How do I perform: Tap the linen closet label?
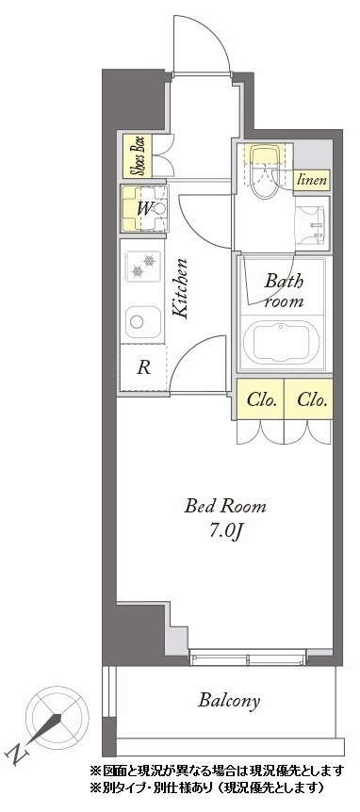pyautogui.click(x=312, y=180)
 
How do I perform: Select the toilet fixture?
pyautogui.click(x=264, y=170)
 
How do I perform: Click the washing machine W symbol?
pyautogui.click(x=145, y=209)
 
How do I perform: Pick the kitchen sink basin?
pyautogui.click(x=143, y=321)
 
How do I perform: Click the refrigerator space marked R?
pyautogui.click(x=143, y=367)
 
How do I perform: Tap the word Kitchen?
pyautogui.click(x=181, y=288)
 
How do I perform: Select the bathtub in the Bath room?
pyautogui.click(x=281, y=343)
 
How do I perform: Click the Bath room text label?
pyautogui.click(x=284, y=291)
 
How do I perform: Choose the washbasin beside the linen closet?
pyautogui.click(x=311, y=223)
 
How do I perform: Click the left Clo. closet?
pyautogui.click(x=260, y=399)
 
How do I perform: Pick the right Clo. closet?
pyautogui.click(x=308, y=399)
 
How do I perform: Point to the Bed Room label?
pyautogui.click(x=225, y=506)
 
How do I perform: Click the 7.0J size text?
pyautogui.click(x=226, y=533)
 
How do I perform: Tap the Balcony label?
pyautogui.click(x=229, y=701)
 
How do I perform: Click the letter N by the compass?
pyautogui.click(x=17, y=755)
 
